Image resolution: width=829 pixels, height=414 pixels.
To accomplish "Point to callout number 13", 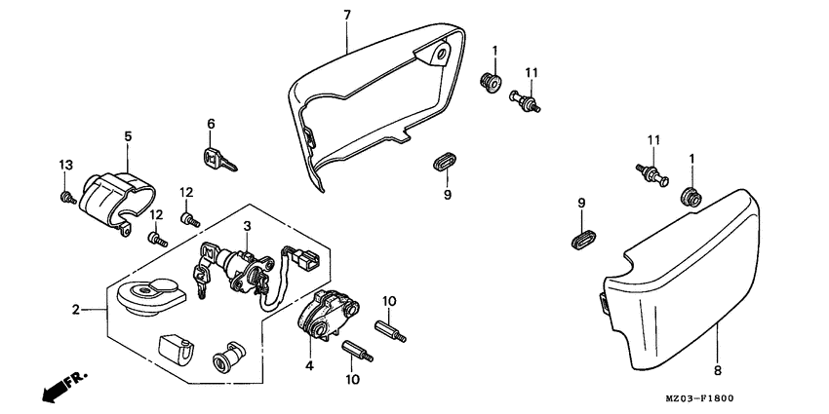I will [65, 164].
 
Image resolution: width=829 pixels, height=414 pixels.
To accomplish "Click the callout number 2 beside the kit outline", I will [74, 311].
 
